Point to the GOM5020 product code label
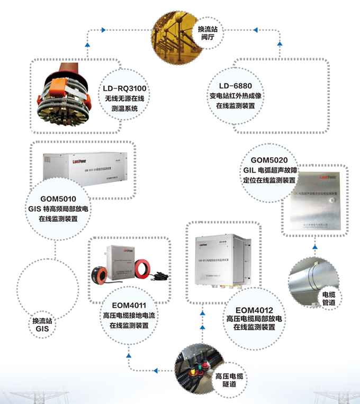tap(269, 160)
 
